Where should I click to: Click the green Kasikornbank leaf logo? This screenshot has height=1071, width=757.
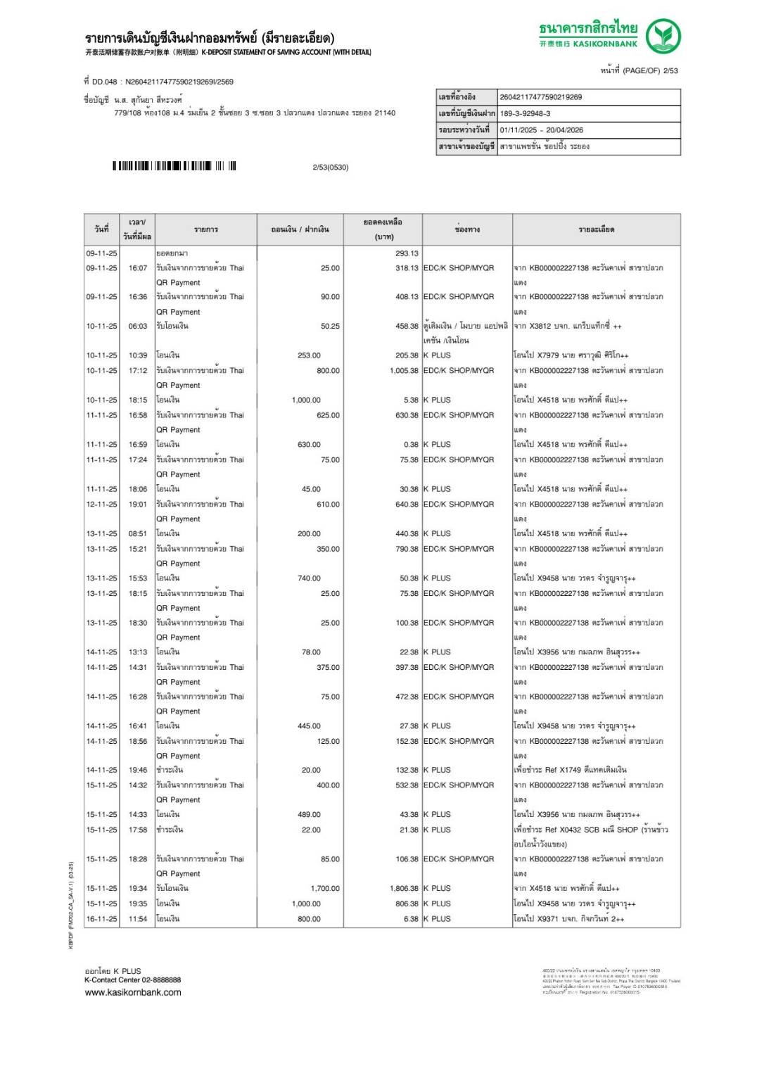pos(663,37)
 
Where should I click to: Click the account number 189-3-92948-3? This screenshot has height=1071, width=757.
pos(525,113)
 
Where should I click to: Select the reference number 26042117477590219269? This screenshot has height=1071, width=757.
pos(540,97)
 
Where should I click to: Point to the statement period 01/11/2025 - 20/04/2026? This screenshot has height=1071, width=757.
pos(541,130)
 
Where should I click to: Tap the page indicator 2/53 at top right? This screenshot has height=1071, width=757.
pos(670,70)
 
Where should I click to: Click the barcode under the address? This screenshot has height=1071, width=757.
pos(174,166)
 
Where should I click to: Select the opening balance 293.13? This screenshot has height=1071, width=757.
pos(406,253)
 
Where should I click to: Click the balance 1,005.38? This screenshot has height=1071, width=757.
pos(403,370)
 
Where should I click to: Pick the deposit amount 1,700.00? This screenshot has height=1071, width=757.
pos(325,888)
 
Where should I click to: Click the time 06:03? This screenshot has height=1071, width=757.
pos(138,326)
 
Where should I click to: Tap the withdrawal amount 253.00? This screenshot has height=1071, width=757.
pos(309,355)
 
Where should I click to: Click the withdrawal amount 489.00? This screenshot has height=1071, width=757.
pos(309,814)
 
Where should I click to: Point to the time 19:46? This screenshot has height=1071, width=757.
pos(138,770)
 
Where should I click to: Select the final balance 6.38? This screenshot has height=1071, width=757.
pos(411,918)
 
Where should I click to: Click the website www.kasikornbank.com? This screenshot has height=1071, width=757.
pos(132,992)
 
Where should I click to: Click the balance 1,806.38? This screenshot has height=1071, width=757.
pos(403,888)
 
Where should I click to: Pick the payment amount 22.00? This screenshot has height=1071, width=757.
pos(311,830)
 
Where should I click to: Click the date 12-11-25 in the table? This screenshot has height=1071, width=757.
pos(101,504)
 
